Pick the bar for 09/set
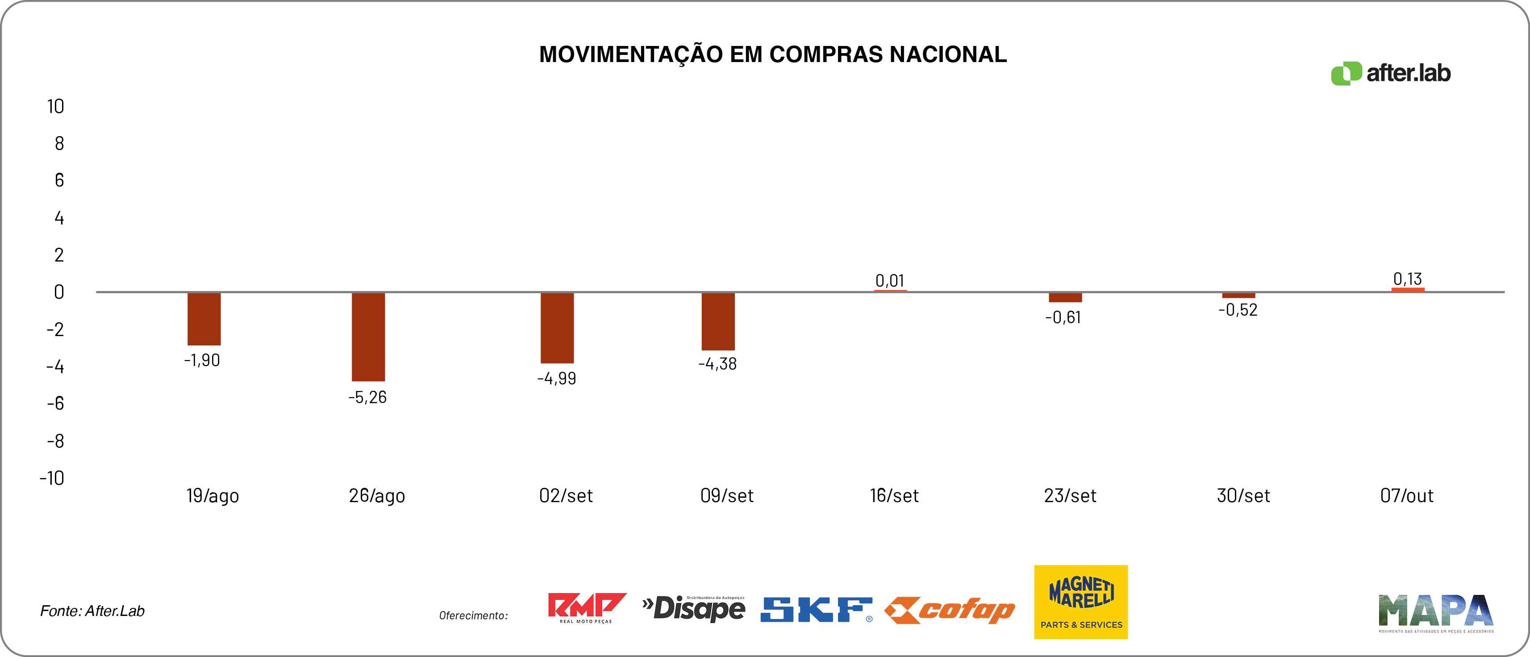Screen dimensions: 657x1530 (x=717, y=321)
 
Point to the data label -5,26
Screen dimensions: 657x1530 (x=367, y=397)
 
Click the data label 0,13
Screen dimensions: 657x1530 (x=1407, y=279)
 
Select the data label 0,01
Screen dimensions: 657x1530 (x=889, y=280)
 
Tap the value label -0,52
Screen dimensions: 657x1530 (x=1238, y=309)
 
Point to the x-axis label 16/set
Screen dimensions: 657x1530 (x=894, y=495)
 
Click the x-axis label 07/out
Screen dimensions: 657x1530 (x=1406, y=495)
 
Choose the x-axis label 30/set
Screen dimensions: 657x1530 (x=1243, y=495)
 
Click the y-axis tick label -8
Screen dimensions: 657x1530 (x=55, y=441)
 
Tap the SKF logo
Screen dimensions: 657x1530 (x=816, y=610)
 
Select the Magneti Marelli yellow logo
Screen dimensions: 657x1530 (x=1080, y=602)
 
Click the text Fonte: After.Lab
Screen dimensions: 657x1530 (x=92, y=611)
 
